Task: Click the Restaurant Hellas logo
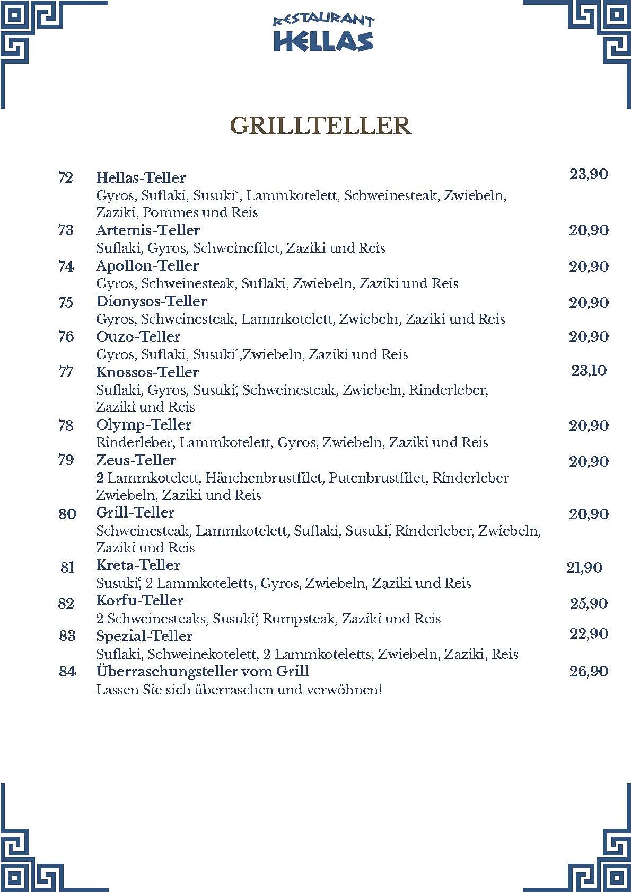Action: [323, 33]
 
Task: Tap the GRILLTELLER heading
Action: [321, 126]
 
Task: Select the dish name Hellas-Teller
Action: [141, 177]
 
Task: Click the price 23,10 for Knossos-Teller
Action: [589, 370]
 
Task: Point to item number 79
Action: [66, 460]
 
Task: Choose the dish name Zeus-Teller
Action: [136, 460]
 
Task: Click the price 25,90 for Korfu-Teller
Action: [589, 603]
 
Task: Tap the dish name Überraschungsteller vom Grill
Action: [202, 671]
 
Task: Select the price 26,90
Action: [589, 671]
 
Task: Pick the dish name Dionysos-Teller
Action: [151, 301]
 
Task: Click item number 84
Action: [67, 671]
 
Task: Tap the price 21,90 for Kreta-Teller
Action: [584, 567]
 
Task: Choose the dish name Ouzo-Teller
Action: [138, 336]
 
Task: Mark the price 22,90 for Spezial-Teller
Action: [589, 634]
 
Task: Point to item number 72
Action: [65, 177]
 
